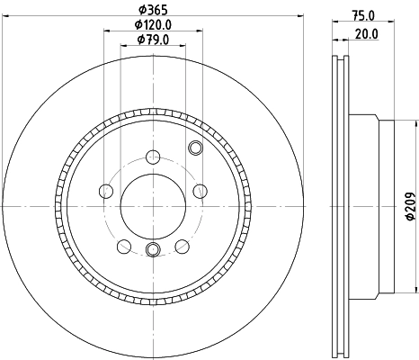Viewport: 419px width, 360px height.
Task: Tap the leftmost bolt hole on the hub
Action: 105,192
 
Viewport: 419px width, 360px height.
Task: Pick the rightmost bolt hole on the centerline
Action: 200,192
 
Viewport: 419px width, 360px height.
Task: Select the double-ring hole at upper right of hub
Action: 195,148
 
